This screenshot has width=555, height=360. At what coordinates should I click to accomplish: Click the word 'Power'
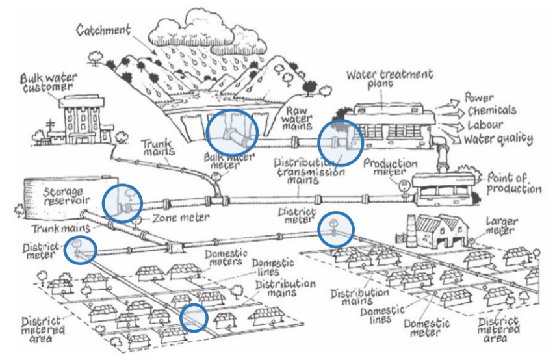(x=479, y=98)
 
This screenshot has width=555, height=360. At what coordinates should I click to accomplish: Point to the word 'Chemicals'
(x=491, y=110)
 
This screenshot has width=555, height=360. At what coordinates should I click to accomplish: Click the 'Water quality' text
(x=498, y=138)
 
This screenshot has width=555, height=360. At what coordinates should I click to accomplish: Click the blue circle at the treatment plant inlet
(x=340, y=142)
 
